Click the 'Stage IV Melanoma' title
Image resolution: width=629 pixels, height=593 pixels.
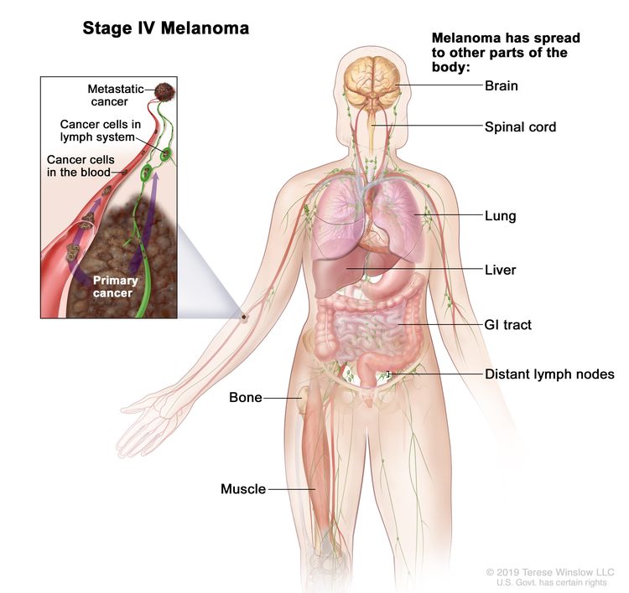[166, 28]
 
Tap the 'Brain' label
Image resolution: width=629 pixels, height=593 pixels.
[501, 85]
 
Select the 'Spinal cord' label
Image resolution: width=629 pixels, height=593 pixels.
[520, 127]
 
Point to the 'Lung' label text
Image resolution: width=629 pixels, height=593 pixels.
[500, 216]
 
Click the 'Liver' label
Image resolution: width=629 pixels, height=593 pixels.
[500, 270]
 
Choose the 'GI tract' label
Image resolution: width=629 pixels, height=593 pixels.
[508, 324]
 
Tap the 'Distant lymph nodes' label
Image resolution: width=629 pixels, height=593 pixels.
[549, 374]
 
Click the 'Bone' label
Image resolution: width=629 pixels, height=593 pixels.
[245, 398]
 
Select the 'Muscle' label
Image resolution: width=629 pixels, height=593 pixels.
[243, 489]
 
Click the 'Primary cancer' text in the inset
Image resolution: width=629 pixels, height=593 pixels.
[115, 287]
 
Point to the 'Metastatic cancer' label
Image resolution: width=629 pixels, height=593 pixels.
[116, 95]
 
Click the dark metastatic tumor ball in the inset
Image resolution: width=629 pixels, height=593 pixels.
[165, 92]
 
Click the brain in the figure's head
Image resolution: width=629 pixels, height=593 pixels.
[372, 82]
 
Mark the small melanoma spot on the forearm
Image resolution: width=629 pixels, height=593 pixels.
[244, 317]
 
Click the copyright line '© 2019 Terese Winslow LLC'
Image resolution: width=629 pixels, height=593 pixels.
[550, 572]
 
